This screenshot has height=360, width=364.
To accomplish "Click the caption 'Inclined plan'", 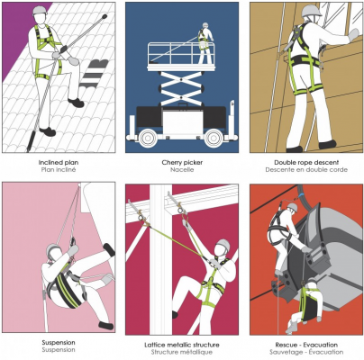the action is coord(59,163).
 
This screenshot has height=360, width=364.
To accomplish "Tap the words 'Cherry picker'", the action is coord(182,163).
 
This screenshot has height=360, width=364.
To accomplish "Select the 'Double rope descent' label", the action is coord(306,163).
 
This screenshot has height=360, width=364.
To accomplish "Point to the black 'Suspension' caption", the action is coord(59,343).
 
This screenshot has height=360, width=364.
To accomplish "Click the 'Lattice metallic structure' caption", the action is coord(182,345).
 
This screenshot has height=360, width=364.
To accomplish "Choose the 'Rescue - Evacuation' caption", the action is coord(306,345).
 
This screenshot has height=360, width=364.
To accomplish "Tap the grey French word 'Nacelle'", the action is coord(182,170).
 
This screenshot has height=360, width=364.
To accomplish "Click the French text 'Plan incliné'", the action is coord(59,170).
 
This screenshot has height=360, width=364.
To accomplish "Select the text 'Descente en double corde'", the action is coord(306,170).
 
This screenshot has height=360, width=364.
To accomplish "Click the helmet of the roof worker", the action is coord(41,10).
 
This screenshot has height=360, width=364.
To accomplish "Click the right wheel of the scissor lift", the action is coord(214,138).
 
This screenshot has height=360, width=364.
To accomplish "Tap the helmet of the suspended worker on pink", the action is coord(53,248).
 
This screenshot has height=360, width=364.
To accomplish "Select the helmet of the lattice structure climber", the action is coord(223,245).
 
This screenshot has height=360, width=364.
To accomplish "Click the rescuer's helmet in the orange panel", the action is coord(292,207).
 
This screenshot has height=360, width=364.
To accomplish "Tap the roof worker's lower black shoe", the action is coord(48,131).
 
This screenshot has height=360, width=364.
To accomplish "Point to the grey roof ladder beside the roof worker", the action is coord(93,75).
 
